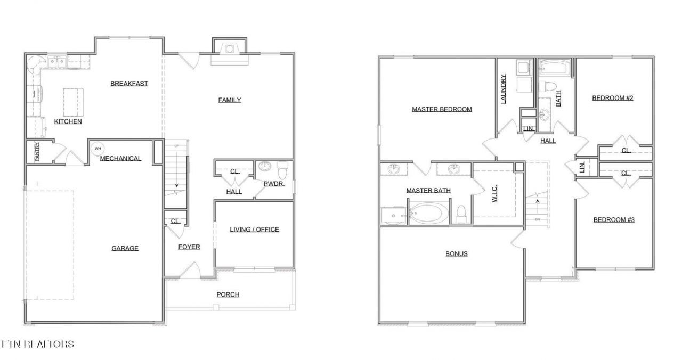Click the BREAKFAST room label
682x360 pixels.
129,84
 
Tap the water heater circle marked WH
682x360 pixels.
98,149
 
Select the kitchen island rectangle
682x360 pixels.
74,102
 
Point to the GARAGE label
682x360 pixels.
125,248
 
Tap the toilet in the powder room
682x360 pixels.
282,171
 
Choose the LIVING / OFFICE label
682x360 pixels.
254,230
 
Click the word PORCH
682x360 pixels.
228,294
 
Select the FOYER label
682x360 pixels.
189,247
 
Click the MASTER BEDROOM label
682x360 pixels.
442,110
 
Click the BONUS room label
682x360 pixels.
457,253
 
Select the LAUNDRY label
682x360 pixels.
504,88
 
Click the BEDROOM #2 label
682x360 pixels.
612,98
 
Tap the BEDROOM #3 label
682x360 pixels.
614,220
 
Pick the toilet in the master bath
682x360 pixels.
461,214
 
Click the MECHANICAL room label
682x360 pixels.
120,158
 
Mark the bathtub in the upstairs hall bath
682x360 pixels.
554,68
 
